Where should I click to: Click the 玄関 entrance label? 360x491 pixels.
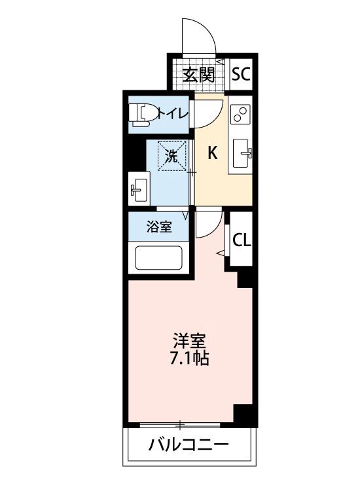coord(199,74)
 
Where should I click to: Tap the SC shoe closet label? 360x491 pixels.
coord(241,74)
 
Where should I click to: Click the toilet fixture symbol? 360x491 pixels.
coord(141,114)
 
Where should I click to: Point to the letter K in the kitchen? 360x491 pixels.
coord(213,154)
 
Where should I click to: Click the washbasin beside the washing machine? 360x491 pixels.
coord(139,191)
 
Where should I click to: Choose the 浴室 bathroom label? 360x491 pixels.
coord(159,227)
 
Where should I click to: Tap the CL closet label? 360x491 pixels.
coord(241,240)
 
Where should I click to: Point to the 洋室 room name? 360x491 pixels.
coord(189,341)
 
